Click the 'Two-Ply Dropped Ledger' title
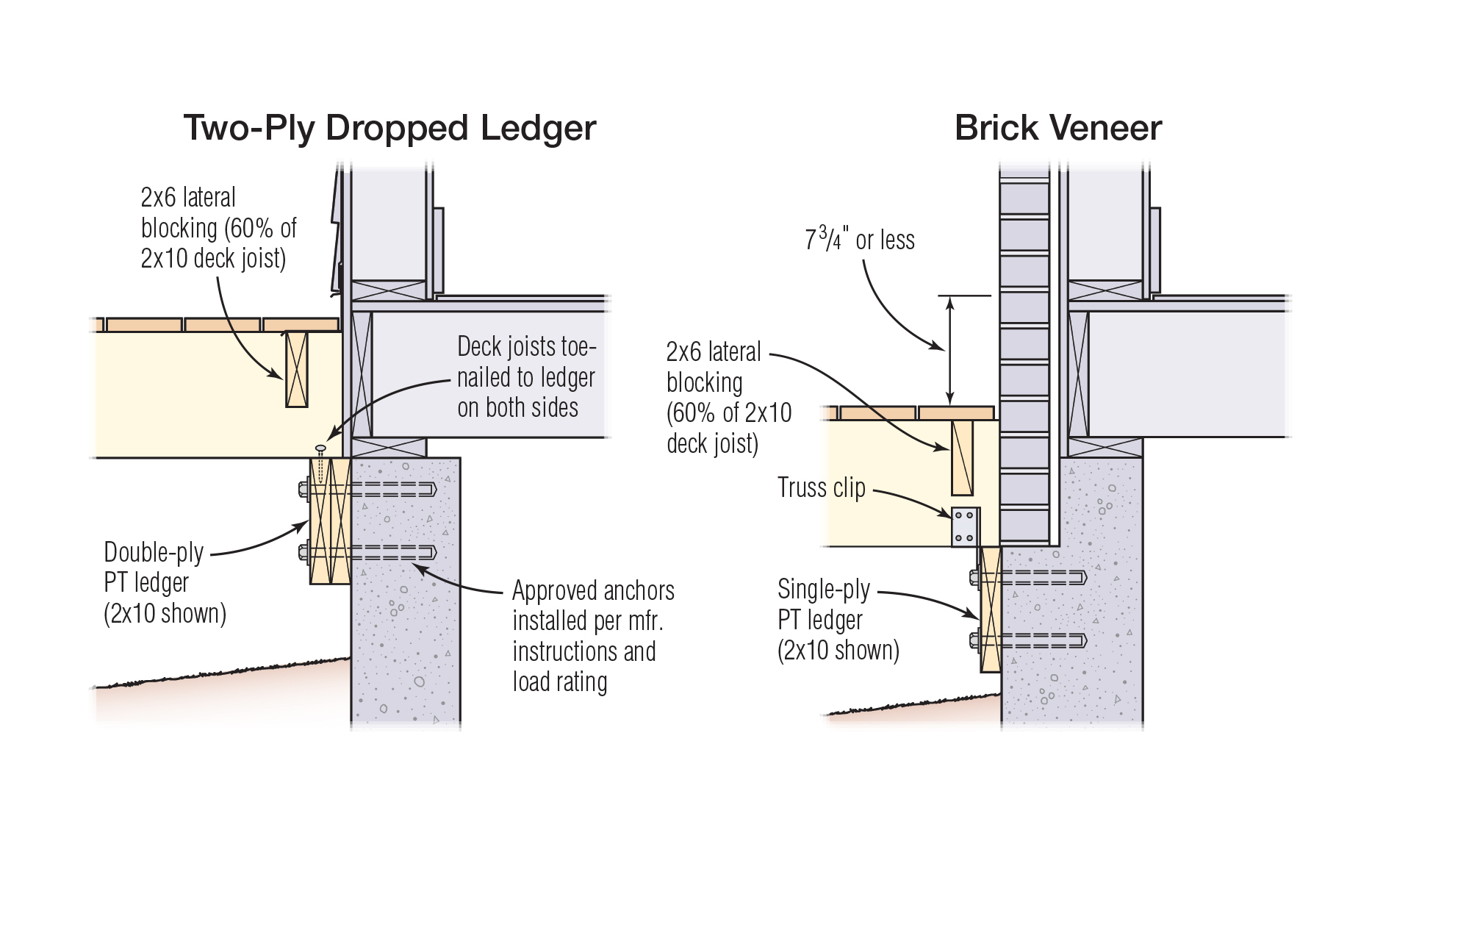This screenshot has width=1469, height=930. [389, 128]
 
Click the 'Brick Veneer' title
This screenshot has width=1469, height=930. [1057, 128]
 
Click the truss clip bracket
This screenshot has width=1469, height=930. [965, 526]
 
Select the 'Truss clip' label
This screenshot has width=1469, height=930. [821, 488]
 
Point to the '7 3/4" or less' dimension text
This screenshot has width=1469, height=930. [859, 240]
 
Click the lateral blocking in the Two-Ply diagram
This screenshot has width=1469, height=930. [296, 369]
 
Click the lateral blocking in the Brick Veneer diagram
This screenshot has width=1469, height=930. [962, 458]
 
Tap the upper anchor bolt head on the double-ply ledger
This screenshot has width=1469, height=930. [304, 489]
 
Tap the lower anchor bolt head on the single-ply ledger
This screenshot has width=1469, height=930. [974, 640]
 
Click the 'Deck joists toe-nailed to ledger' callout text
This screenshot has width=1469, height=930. [525, 377]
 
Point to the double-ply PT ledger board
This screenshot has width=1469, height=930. [330, 521]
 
